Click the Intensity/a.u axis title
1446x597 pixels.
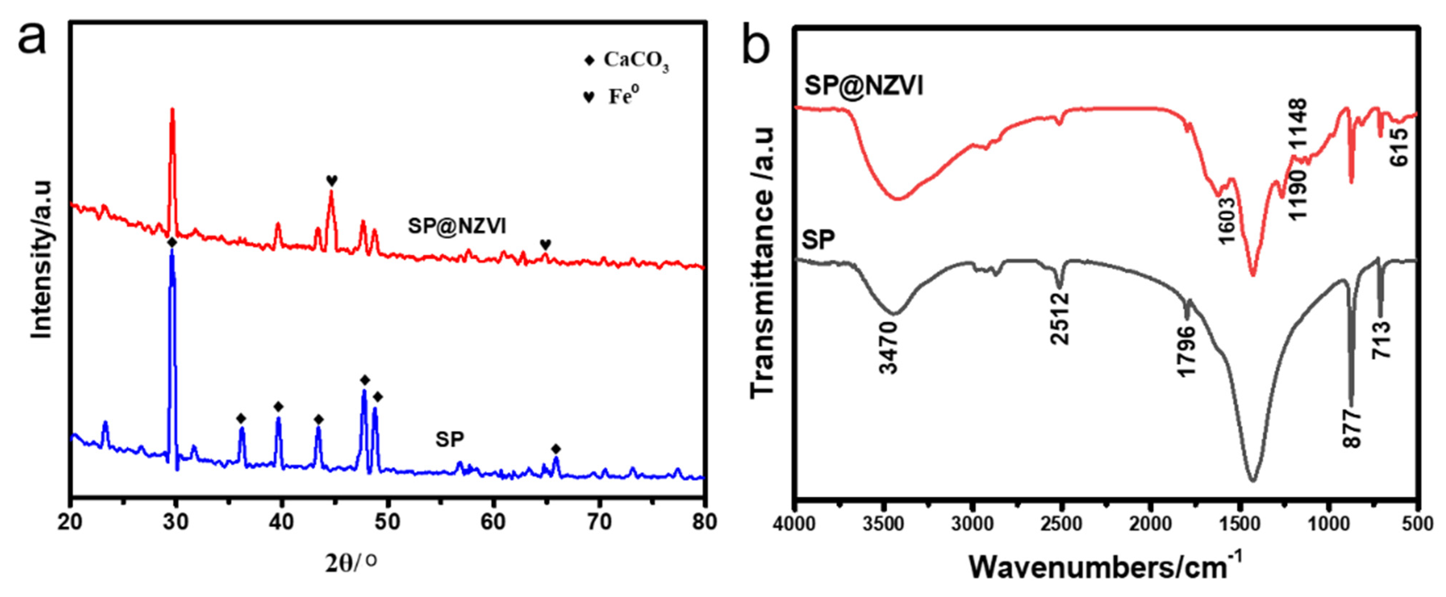[x=40, y=259]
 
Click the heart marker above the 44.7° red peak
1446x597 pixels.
[x=332, y=180]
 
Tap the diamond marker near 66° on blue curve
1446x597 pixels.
[x=556, y=449]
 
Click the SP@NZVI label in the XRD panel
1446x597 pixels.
[x=457, y=226]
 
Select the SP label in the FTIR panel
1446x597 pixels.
[x=818, y=240]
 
